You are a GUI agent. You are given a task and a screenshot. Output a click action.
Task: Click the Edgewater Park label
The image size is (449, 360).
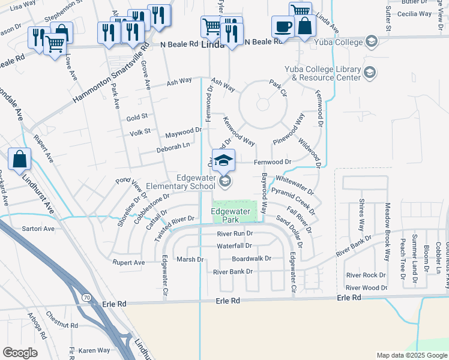(230, 217)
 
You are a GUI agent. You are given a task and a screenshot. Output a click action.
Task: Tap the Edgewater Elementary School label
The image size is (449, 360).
(196, 182)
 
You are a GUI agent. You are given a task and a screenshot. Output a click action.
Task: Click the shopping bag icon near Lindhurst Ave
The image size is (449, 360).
(20, 160)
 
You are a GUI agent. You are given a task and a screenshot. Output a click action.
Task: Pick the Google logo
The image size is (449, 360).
(20, 353)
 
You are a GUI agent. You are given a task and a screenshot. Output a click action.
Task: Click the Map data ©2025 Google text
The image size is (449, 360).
(411, 355)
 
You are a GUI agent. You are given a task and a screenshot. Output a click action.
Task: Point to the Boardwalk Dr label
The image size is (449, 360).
(252, 259)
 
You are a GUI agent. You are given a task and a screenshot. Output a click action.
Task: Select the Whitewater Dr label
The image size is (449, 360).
(295, 185)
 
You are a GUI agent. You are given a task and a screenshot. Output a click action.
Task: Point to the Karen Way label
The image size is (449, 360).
(94, 350)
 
